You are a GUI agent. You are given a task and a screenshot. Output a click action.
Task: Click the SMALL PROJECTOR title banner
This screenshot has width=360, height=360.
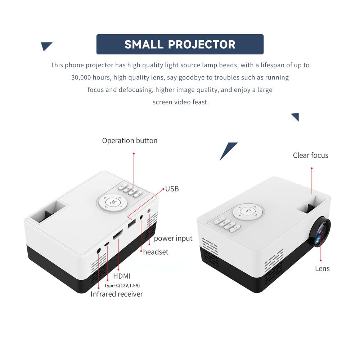point(180,44)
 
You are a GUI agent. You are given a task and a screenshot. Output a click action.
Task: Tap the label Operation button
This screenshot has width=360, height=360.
point(130,140)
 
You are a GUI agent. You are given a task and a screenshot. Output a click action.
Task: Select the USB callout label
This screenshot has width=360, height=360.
point(172,189)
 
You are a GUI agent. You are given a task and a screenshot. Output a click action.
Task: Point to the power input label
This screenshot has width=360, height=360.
point(173,238)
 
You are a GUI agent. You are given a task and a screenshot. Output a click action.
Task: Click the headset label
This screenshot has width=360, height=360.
point(156,252)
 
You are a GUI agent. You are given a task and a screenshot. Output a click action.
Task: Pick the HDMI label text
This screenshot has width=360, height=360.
point(122,276)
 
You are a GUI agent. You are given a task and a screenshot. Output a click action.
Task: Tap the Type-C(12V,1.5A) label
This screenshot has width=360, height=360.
point(122,285)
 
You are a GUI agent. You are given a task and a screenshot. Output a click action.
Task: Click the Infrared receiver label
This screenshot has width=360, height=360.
point(117,294)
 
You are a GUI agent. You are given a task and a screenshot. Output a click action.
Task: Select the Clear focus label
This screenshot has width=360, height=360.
point(311,155)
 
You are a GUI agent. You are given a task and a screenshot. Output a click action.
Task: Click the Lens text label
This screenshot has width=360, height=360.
point(322,269)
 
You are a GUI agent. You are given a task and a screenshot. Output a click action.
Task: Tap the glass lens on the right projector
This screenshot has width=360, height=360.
point(320,232)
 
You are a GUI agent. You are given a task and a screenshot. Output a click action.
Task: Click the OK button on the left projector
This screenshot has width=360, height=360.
point(112,202)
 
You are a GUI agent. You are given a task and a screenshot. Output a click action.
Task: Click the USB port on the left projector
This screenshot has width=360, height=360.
point(132,224)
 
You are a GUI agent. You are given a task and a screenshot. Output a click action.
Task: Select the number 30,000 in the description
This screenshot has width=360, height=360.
point(81,78)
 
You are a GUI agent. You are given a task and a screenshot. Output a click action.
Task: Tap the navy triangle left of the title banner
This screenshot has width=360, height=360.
point(46,46)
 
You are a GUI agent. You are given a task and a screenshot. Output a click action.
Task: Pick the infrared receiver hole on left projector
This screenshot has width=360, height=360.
point(99,251)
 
